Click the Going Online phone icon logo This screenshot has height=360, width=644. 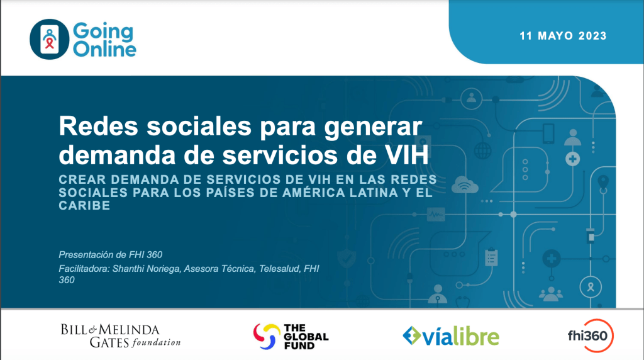(49, 40)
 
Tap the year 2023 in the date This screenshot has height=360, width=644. (592, 36)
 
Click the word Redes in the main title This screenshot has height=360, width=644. (99, 126)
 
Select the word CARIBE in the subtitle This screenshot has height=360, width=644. (85, 205)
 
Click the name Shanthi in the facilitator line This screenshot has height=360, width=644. (128, 269)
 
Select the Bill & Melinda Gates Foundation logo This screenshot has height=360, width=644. (121, 335)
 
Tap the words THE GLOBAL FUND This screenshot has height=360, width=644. (306, 337)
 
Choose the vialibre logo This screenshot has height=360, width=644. (451, 335)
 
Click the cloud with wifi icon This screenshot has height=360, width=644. (465, 185)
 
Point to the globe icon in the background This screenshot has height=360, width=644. (482, 150)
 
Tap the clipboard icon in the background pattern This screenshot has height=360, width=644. (491, 257)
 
